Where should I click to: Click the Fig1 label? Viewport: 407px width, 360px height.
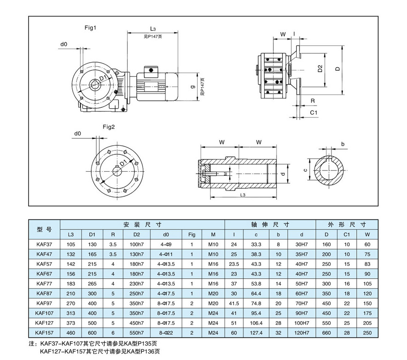click(91, 28)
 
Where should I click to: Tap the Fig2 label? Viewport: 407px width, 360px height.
click(108, 127)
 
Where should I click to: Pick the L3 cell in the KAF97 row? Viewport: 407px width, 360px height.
click(70, 303)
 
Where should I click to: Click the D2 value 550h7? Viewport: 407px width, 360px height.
click(137, 333)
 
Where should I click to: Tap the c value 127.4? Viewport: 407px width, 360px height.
click(256, 333)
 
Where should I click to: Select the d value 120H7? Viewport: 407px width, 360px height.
click(302, 333)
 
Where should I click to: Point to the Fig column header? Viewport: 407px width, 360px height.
click(192, 234)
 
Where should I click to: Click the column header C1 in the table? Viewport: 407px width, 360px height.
click(347, 234)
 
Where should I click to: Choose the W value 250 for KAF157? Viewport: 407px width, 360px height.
click(368, 333)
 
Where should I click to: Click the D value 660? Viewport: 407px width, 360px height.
click(327, 333)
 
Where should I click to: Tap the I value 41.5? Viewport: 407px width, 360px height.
click(234, 303)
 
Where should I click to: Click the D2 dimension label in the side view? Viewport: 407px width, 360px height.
click(320, 69)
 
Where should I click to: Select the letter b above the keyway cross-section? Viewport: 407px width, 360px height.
click(342, 144)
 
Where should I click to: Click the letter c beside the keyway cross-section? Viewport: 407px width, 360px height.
click(305, 170)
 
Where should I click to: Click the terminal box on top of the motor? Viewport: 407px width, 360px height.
click(150, 71)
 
